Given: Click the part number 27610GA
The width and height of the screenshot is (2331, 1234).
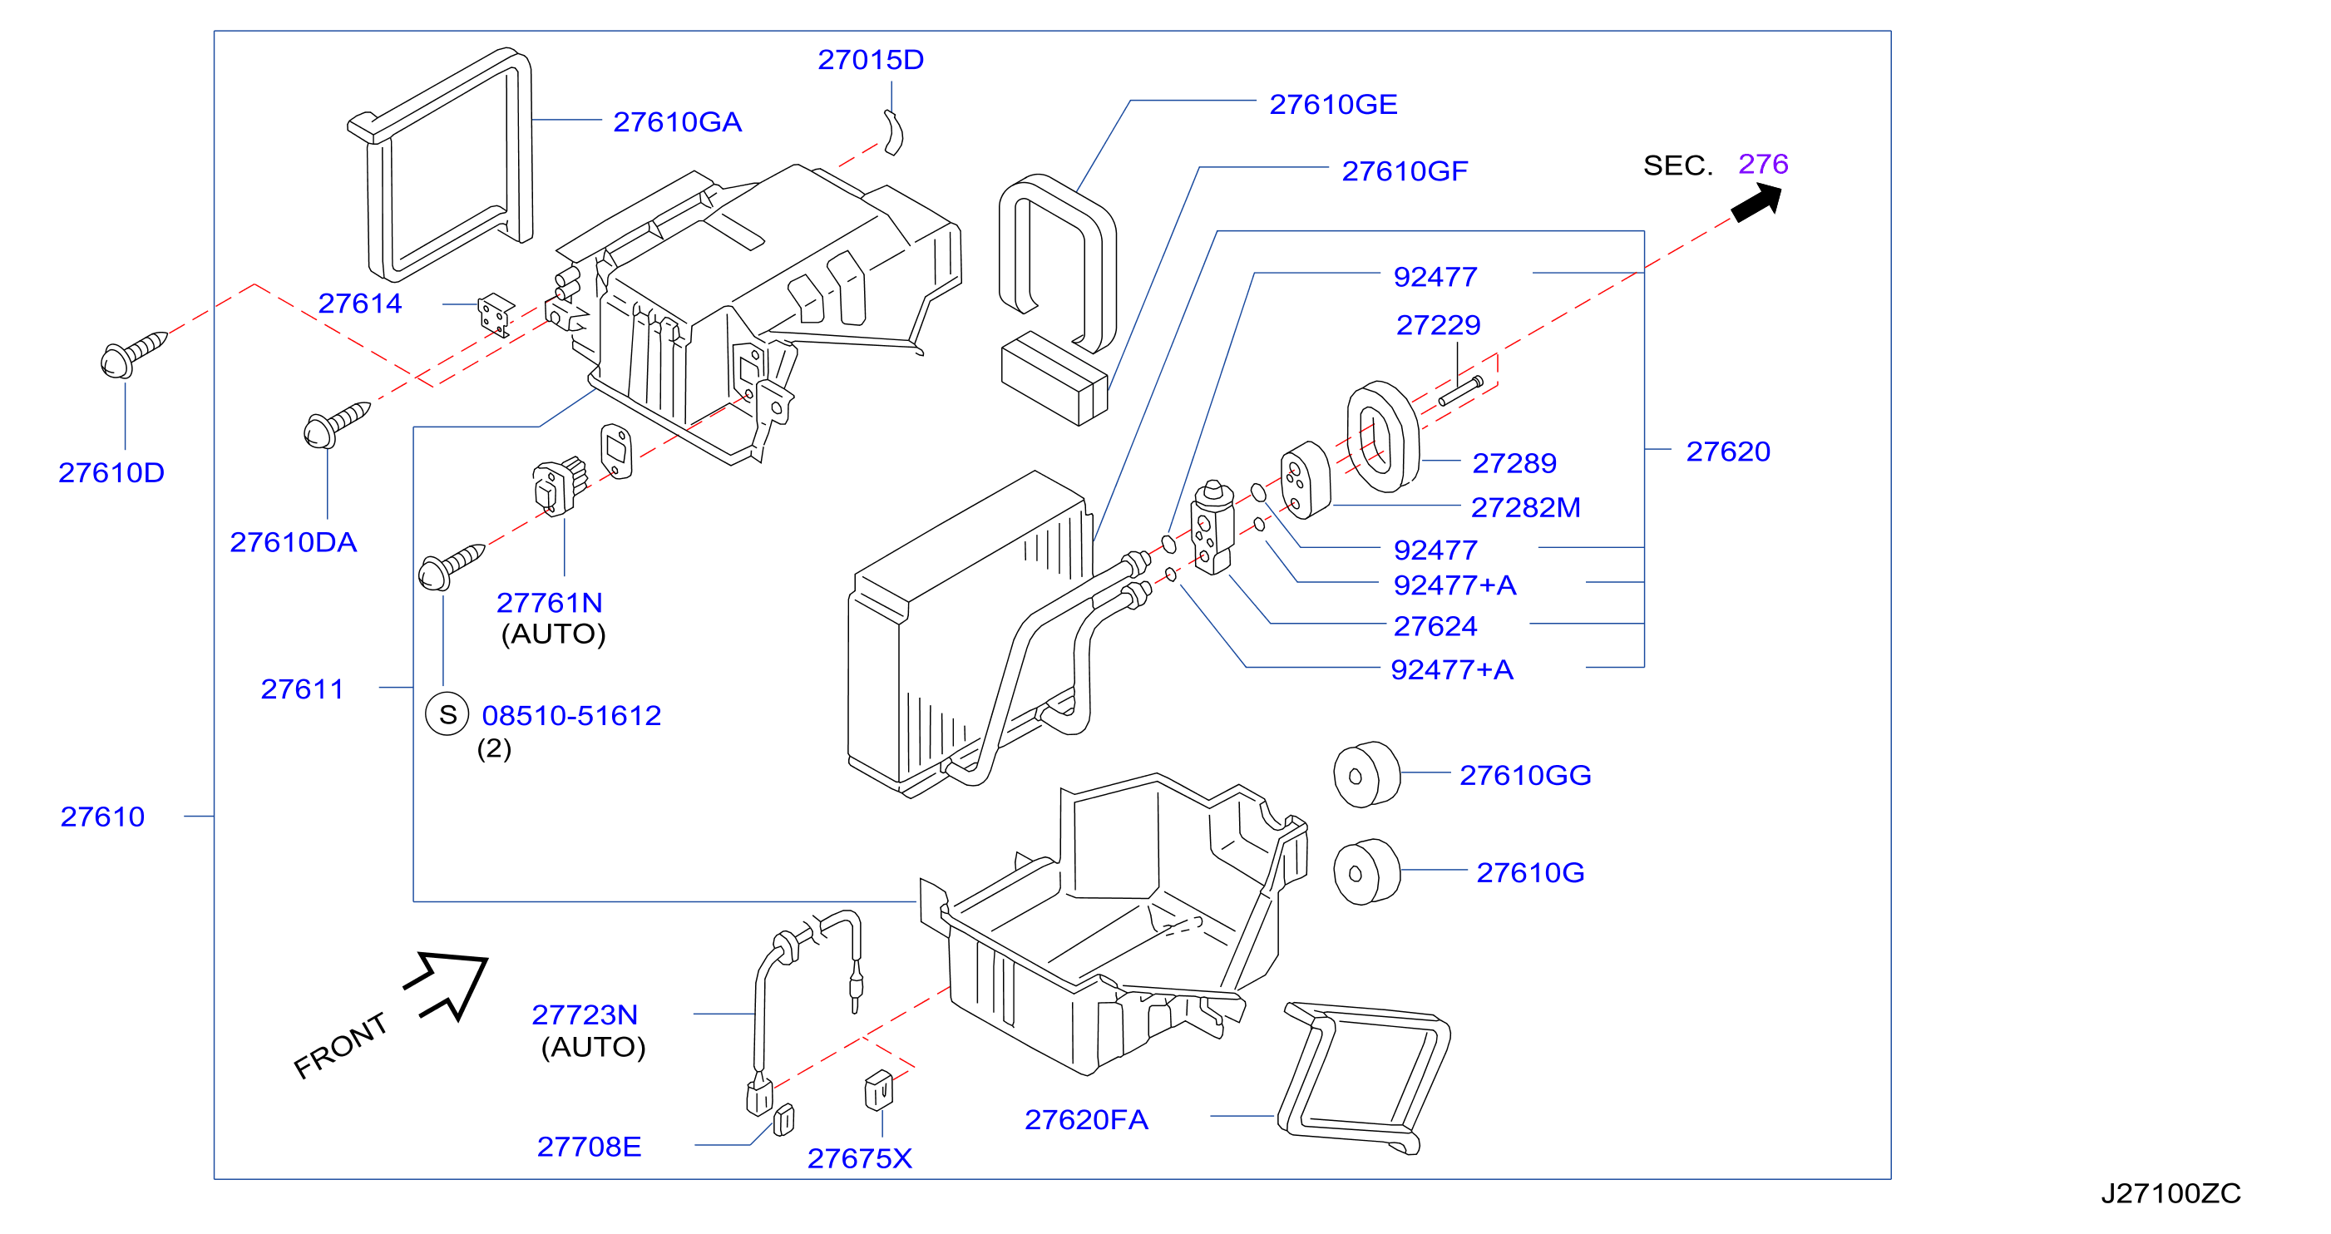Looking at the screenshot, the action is [x=677, y=121].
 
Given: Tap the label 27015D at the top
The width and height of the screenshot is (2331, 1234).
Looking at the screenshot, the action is [x=871, y=60].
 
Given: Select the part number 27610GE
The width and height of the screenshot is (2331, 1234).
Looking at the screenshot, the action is [x=1333, y=104].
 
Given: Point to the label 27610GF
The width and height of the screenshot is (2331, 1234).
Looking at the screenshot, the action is [x=1405, y=170].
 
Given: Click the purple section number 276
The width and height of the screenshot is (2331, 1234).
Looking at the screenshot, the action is [x=1763, y=164].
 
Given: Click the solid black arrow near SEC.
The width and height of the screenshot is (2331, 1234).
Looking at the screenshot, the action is [x=1757, y=203].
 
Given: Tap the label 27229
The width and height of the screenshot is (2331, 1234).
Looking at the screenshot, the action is [x=1438, y=325].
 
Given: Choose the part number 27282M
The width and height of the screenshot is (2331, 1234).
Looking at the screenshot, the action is [x=1526, y=507].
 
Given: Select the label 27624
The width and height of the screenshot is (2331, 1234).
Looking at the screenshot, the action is [x=1435, y=626].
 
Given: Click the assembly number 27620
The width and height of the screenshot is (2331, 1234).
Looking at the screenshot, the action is [x=1727, y=452].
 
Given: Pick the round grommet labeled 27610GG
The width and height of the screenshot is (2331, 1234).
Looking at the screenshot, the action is [x=1366, y=774].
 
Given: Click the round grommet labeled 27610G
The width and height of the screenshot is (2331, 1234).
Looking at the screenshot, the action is [x=1366, y=871].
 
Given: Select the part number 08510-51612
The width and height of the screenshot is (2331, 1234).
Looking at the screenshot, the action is [x=571, y=716].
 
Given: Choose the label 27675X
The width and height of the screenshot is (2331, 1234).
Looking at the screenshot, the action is [x=860, y=1159].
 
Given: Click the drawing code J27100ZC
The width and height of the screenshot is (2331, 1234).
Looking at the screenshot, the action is [x=2170, y=1193].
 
